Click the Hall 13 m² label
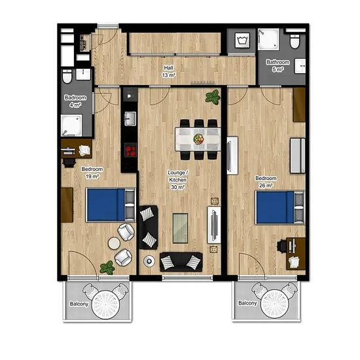point(169,71)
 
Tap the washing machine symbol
point(242,40)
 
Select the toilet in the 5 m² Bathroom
point(295,41)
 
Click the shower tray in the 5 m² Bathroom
point(268,39)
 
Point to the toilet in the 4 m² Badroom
point(67,77)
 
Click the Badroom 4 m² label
point(75,101)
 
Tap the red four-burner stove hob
point(131,150)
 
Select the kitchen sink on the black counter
point(130,118)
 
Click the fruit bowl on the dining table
point(198,139)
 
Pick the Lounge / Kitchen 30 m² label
point(178,180)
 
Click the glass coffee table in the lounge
point(181,228)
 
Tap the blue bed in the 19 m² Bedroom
point(111,205)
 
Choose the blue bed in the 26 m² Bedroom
point(280,207)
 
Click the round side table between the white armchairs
point(114,243)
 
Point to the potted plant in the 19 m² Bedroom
point(107,268)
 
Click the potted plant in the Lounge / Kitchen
point(213,97)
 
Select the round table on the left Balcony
point(105,305)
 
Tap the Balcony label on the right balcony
point(247,303)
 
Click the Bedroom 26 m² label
point(266,181)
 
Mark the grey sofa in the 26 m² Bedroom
point(298,155)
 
